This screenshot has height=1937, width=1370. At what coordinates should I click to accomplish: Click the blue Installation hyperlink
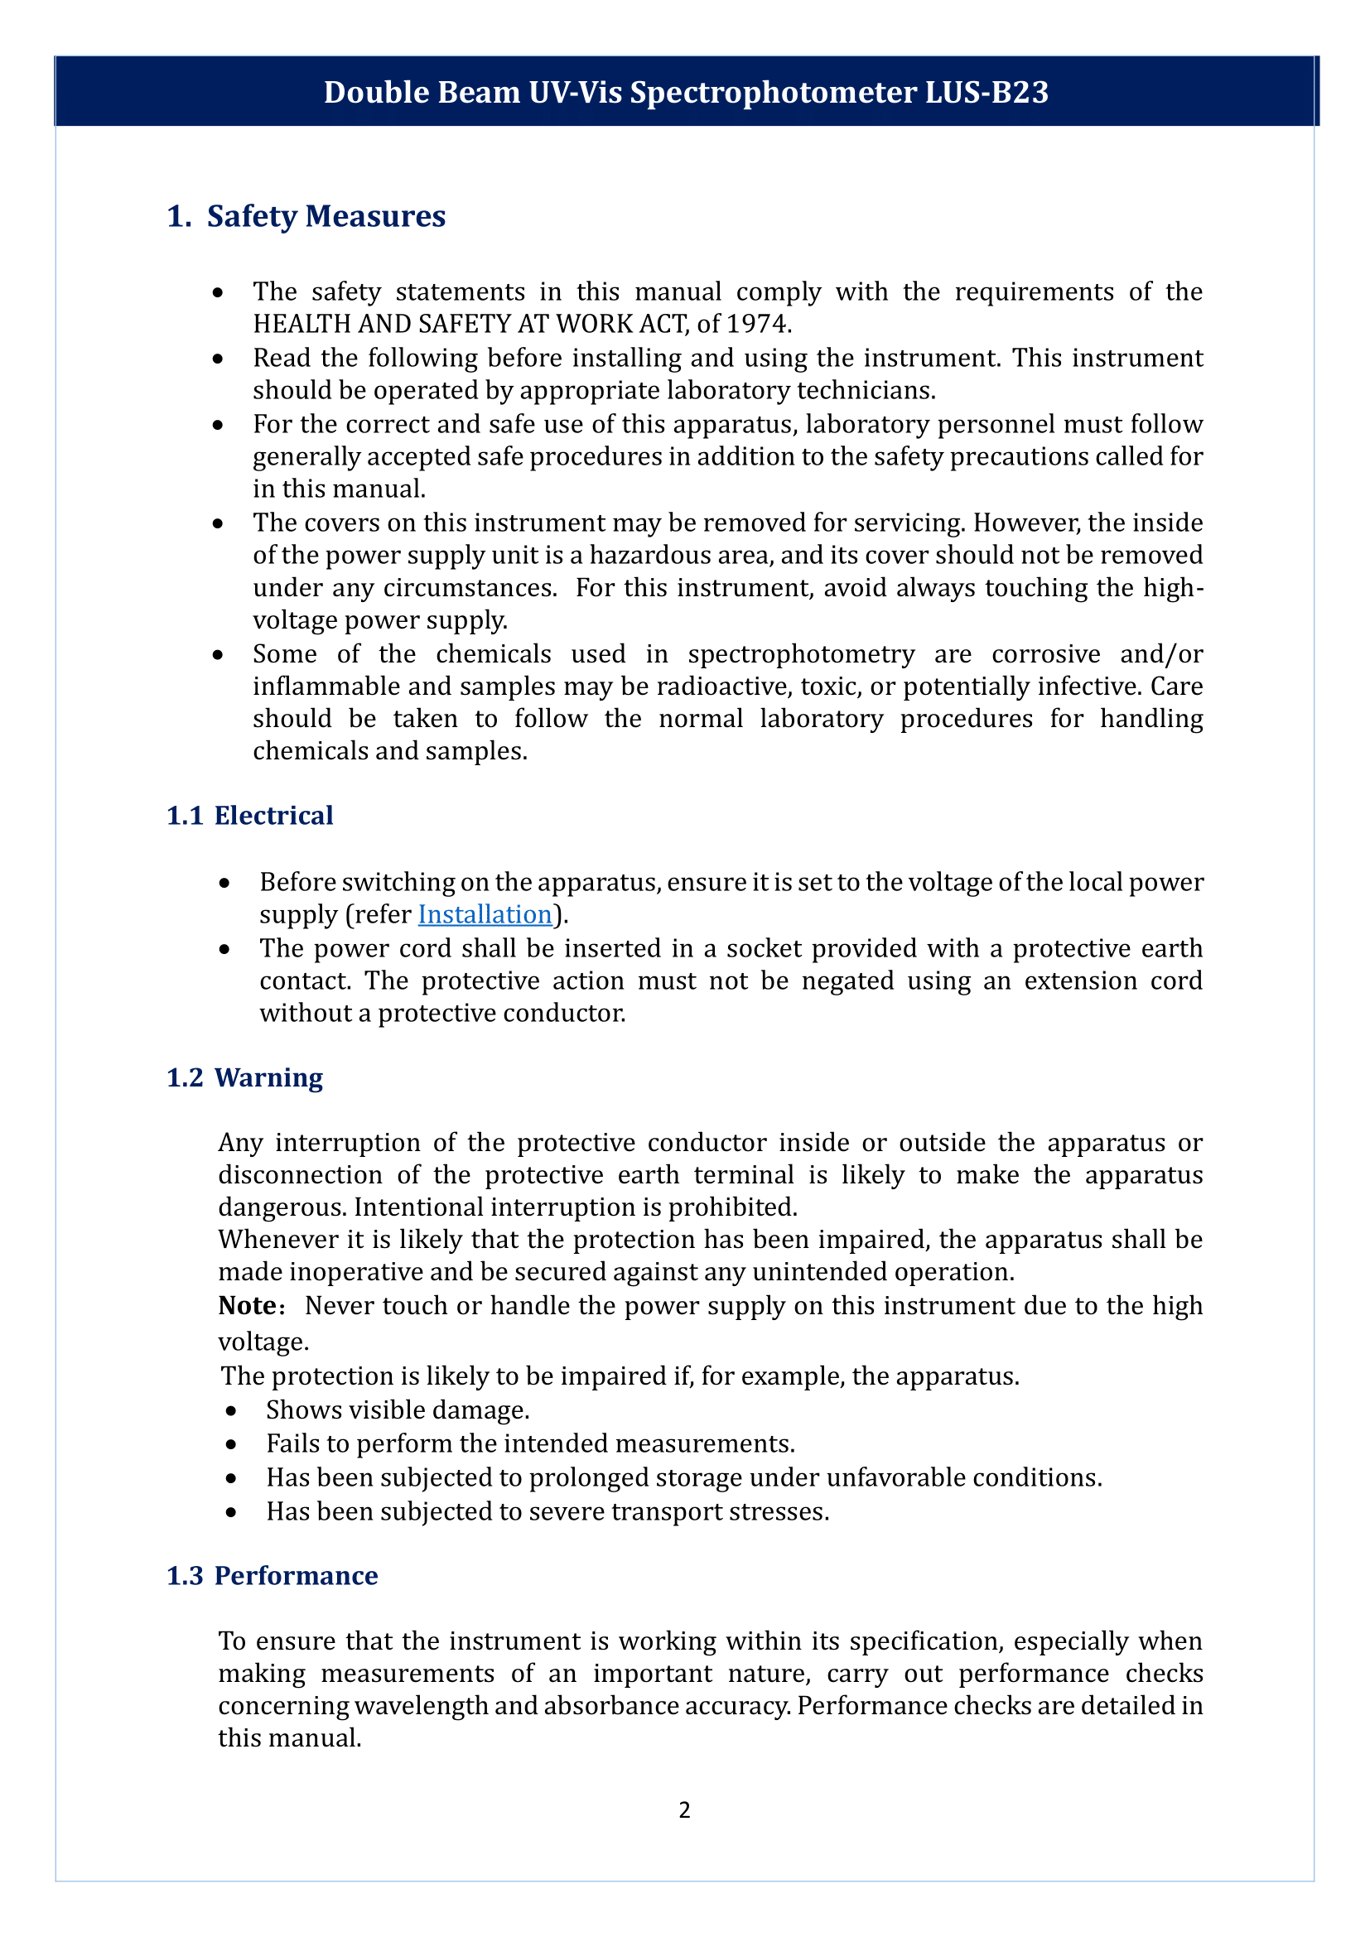pos(485,914)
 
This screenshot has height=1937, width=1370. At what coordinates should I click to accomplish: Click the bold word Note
pos(246,1306)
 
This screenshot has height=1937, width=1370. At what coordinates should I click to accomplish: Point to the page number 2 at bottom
pos(684,1810)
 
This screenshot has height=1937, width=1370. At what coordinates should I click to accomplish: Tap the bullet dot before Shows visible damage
pos(231,1410)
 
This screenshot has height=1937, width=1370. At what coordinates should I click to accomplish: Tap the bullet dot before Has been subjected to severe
pos(231,1512)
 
